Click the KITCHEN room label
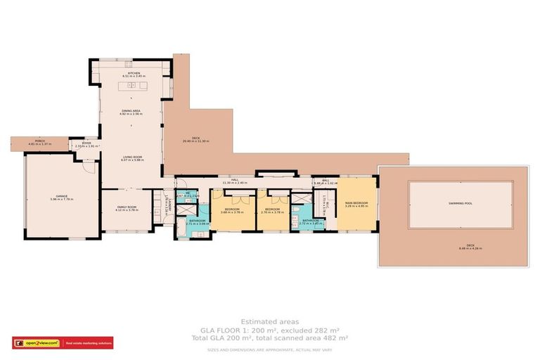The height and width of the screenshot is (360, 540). coord(134,74)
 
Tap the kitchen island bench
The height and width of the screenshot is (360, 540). coord(134,86)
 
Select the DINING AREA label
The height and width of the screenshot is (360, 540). coord(131,111)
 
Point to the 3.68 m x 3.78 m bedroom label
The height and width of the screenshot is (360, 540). coord(233,210)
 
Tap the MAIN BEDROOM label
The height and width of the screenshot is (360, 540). coord(357,205)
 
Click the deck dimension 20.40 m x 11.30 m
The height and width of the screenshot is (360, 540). coord(196,139)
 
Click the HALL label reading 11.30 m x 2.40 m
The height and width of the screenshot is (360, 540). coord(235,181)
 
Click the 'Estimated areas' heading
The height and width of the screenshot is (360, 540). coord(269,321)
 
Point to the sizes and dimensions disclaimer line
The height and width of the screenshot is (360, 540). coord(269,349)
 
